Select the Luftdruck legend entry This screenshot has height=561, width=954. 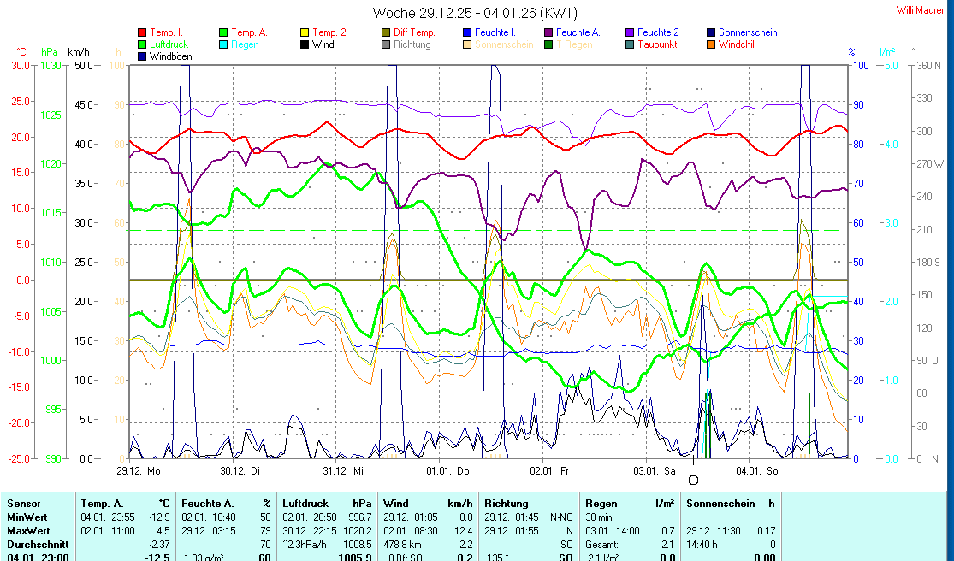[x=169, y=44]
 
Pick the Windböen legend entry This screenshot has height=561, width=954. [x=169, y=56]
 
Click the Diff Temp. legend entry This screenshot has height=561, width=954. [x=414, y=32]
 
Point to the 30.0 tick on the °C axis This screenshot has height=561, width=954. [x=19, y=65]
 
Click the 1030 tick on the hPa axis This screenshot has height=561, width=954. [x=51, y=65]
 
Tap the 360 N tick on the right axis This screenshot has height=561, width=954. [x=927, y=65]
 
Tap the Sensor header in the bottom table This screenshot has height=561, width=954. [x=23, y=504]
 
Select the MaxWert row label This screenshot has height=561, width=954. [x=27, y=530]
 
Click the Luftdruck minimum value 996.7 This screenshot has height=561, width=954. [x=359, y=517]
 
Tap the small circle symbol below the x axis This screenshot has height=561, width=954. [x=693, y=480]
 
